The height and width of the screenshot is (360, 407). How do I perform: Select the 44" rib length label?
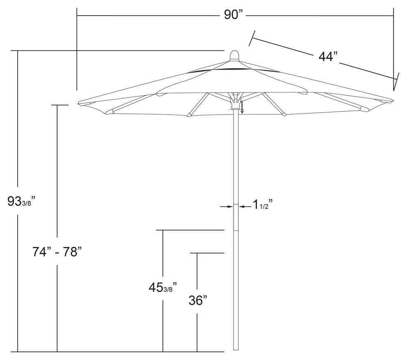coord(328,57)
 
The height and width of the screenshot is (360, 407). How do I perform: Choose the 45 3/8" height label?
coord(163,287)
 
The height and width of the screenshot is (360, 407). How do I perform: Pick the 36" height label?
coord(197,300)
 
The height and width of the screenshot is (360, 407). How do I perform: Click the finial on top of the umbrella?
coord(234,55)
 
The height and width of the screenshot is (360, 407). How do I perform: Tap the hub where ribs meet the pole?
coord(236,101)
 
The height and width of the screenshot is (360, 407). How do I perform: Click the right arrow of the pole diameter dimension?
coord(242,207)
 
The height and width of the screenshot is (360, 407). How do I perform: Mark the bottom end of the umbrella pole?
coord(236,349)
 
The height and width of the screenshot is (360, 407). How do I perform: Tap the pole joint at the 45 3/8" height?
coord(236,231)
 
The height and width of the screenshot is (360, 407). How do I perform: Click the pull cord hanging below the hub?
coord(242,108)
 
